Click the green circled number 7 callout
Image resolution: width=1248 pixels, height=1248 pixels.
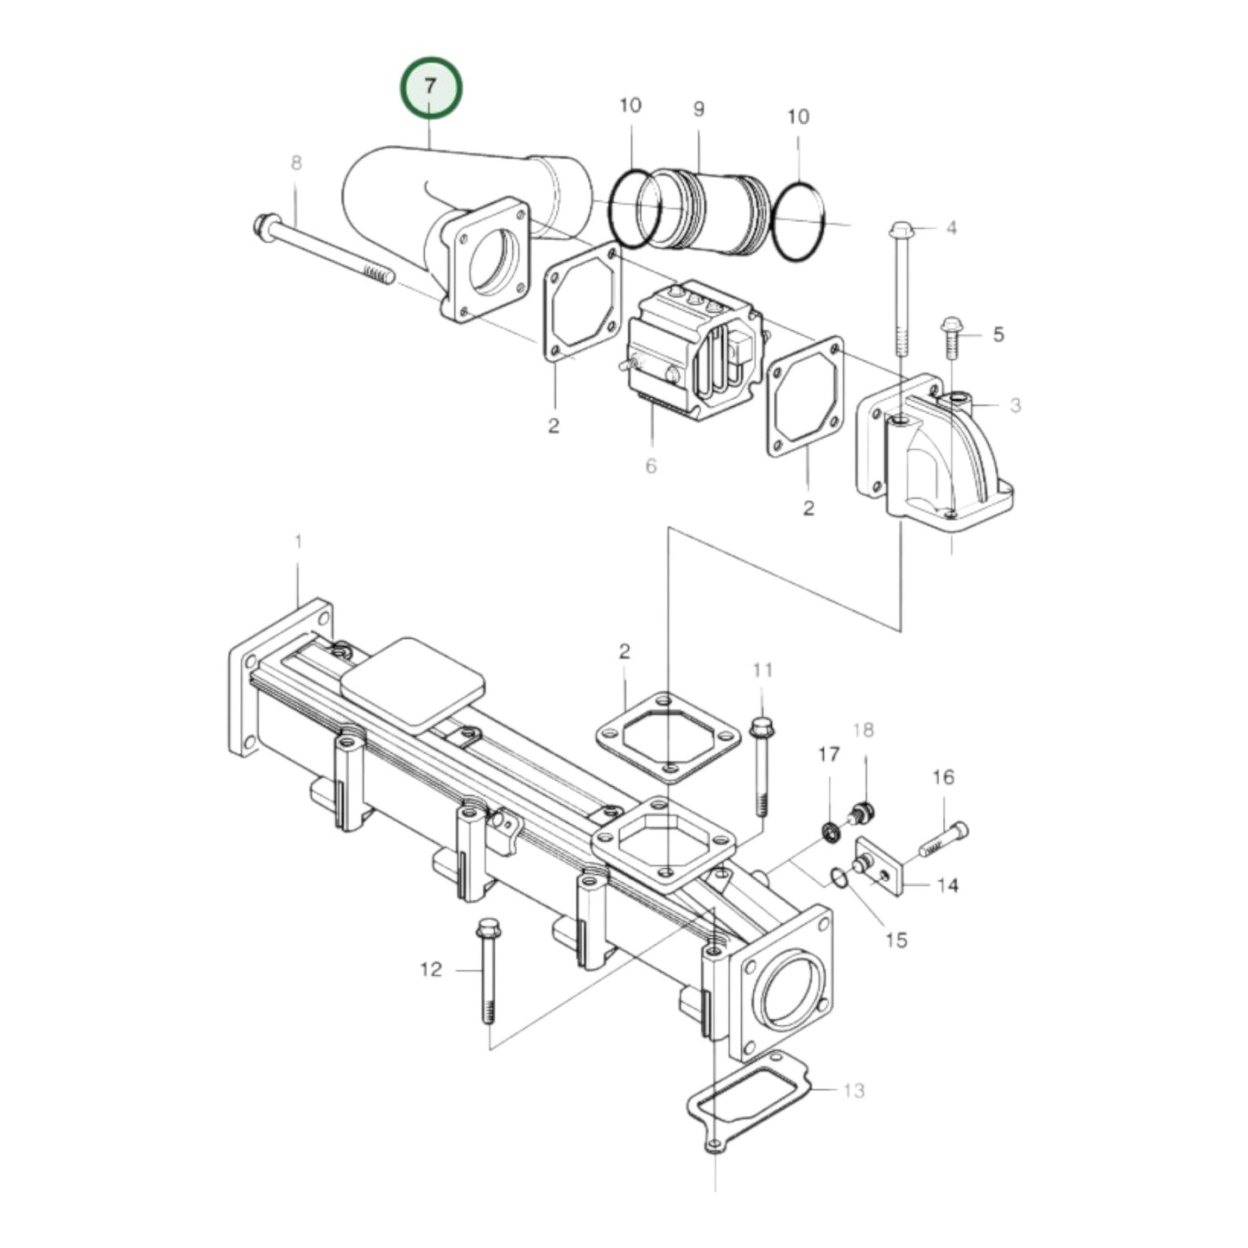coord(431,87)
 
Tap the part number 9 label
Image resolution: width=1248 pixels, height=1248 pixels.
coord(698,109)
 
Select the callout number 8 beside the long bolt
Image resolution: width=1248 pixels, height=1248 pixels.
coord(296,163)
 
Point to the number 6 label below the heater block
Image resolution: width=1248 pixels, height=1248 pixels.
coord(650,466)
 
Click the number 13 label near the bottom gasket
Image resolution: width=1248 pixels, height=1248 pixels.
coord(853,1091)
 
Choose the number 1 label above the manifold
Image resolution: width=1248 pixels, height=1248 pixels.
coord(298,542)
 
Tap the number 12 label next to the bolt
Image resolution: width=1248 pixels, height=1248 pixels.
coord(431,970)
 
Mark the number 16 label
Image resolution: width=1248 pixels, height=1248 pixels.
coord(943,777)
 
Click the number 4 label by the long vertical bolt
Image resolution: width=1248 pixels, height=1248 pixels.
coord(951,229)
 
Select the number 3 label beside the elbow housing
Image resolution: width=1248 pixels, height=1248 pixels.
coord(1015,404)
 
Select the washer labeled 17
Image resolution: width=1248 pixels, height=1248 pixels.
coord(830,833)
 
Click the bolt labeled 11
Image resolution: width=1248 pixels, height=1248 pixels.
coord(762,764)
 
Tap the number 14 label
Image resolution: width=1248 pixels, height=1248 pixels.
coord(947,886)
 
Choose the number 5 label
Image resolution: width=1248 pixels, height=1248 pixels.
coord(998,334)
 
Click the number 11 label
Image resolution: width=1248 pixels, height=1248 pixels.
coord(763,670)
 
